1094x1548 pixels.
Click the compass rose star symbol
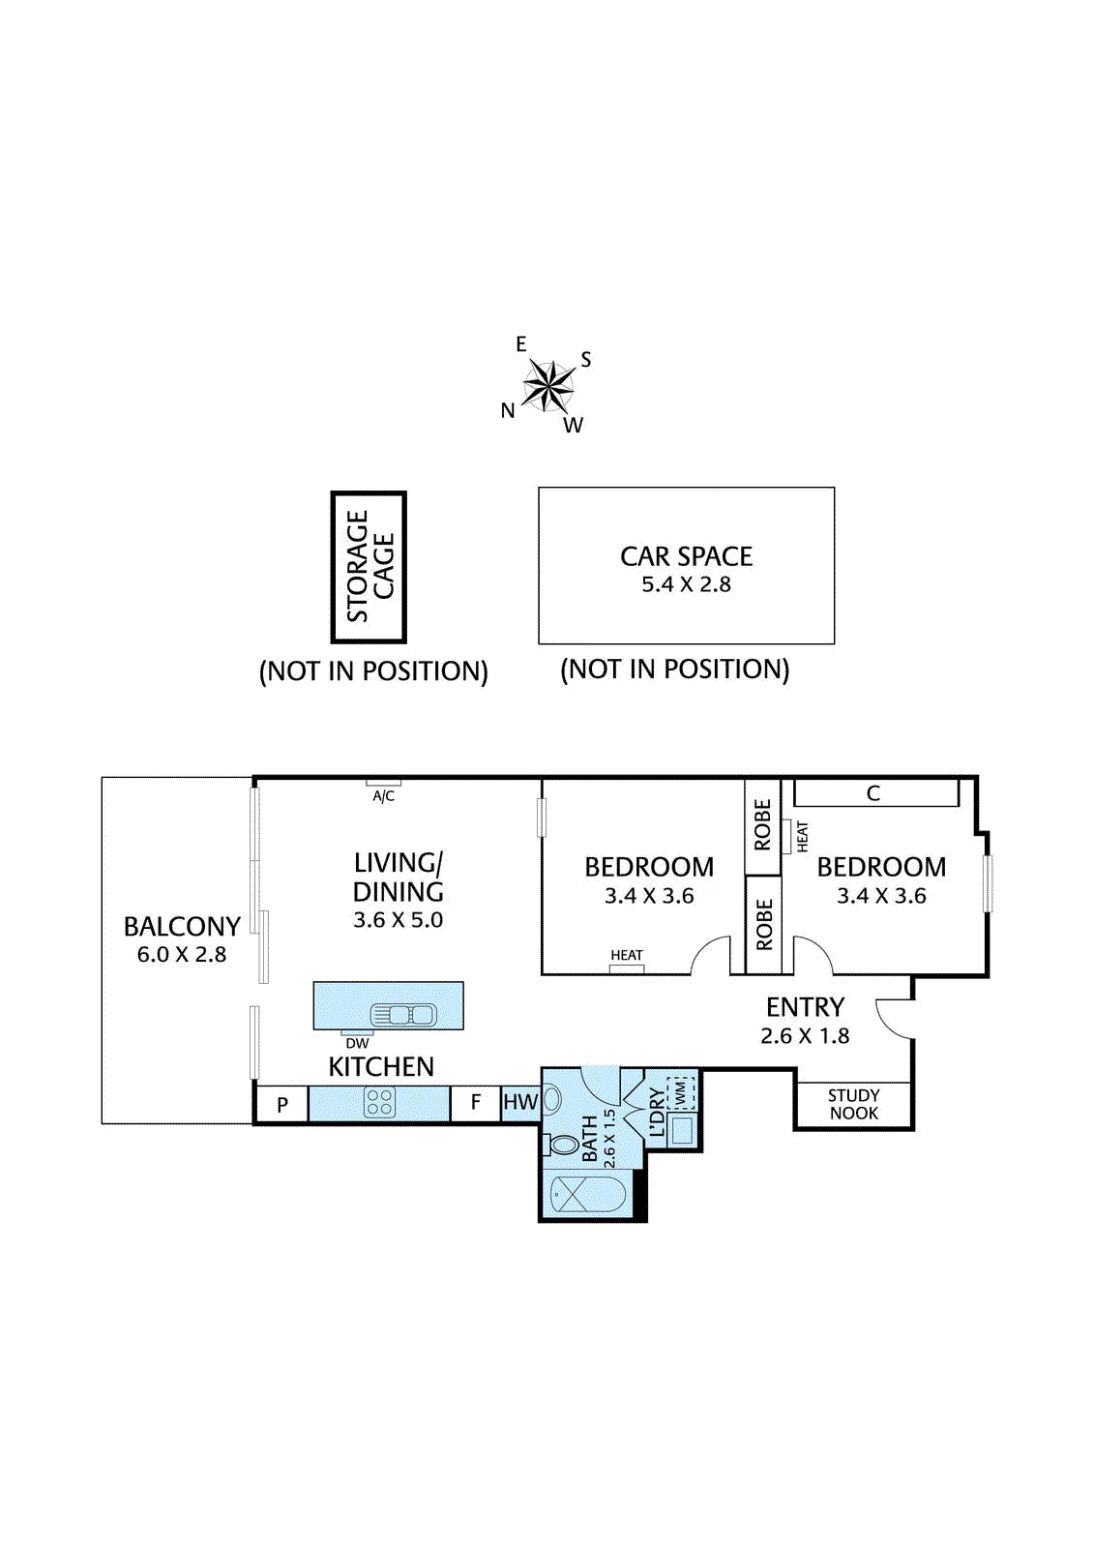pyautogui.click(x=548, y=385)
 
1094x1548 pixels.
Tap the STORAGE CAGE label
pyautogui.click(x=370, y=567)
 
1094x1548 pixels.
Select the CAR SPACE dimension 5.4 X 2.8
pyautogui.click(x=686, y=584)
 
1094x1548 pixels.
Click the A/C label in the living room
pyautogui.click(x=384, y=796)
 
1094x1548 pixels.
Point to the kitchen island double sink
pyautogui.click(x=403, y=1015)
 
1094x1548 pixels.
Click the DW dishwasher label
pyautogui.click(x=357, y=1044)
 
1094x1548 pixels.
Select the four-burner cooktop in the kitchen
pyautogui.click(x=379, y=1102)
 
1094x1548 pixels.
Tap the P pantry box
pyautogui.click(x=282, y=1104)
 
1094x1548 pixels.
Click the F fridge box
pyautogui.click(x=476, y=1103)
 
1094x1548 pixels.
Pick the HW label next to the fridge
pyautogui.click(x=520, y=1102)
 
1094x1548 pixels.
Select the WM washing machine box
pyautogui.click(x=681, y=1093)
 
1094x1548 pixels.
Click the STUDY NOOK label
pyautogui.click(x=853, y=1104)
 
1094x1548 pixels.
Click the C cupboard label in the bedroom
pyautogui.click(x=872, y=793)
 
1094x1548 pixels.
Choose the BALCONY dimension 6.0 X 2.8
pyautogui.click(x=182, y=954)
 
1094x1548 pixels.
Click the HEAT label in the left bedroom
pyautogui.click(x=627, y=955)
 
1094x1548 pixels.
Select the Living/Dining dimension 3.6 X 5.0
pyautogui.click(x=399, y=920)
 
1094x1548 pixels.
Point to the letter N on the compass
pyautogui.click(x=508, y=410)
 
